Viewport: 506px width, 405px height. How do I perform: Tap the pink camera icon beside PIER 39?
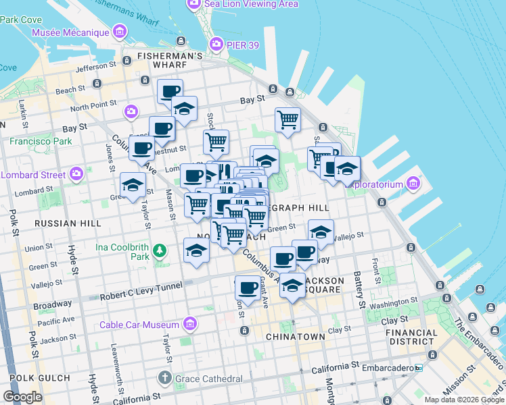[216, 45]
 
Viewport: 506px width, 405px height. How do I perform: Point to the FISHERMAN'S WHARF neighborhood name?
[169, 56]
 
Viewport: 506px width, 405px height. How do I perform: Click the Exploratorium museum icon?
[413, 184]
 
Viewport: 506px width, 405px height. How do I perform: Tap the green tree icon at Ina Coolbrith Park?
[160, 251]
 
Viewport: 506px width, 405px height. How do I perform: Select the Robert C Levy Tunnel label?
[141, 287]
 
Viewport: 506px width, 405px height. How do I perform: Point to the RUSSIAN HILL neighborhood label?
[67, 223]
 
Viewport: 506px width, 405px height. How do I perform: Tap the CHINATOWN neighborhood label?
[296, 336]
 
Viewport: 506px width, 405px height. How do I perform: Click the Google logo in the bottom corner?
[22, 397]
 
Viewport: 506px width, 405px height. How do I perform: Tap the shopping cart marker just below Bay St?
[287, 120]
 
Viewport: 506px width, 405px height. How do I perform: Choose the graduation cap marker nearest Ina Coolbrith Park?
[196, 250]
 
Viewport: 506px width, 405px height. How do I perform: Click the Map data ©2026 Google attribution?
[463, 400]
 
